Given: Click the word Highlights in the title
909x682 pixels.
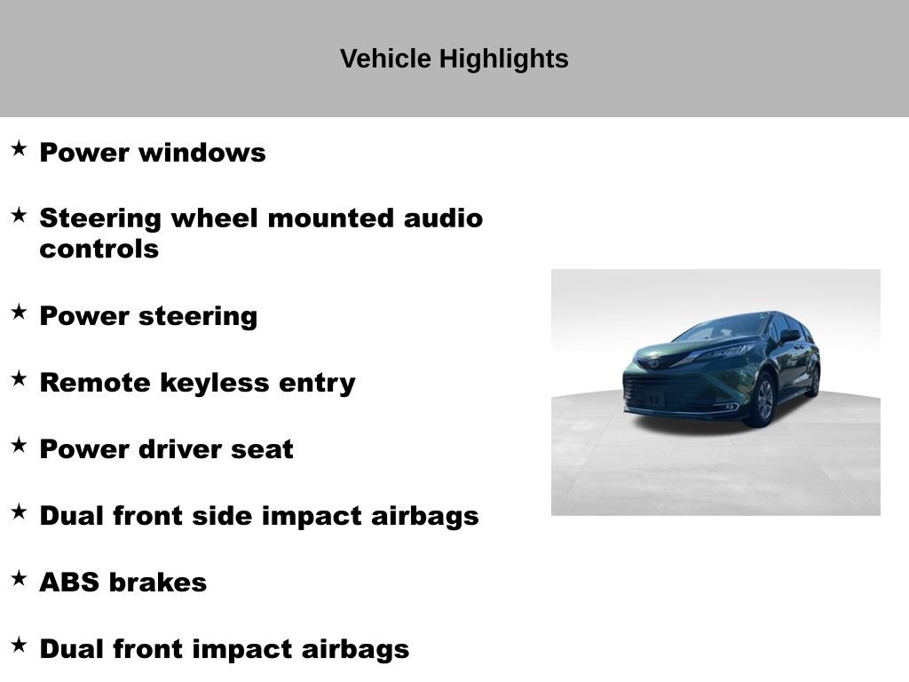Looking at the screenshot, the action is click(x=503, y=59).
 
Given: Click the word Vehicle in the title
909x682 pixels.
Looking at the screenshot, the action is click(x=385, y=59).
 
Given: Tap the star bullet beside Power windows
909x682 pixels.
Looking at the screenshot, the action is click(x=20, y=148).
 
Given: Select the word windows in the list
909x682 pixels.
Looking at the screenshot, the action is click(x=202, y=153).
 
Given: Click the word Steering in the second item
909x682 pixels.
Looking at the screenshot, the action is click(x=100, y=219).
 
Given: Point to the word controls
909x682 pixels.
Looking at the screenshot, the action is click(x=99, y=250).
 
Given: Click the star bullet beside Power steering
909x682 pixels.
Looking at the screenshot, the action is click(x=20, y=312).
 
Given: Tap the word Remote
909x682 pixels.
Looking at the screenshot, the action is click(x=95, y=383).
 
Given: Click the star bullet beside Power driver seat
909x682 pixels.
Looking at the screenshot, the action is click(x=20, y=446).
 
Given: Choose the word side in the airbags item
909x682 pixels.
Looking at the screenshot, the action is click(x=225, y=516).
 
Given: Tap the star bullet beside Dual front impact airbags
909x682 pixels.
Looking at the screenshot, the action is click(x=20, y=645).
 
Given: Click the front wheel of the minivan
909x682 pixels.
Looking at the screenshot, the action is click(x=763, y=400).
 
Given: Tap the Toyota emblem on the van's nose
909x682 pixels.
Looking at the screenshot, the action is click(x=652, y=363).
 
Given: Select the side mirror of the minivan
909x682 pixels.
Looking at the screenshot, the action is click(x=789, y=336).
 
